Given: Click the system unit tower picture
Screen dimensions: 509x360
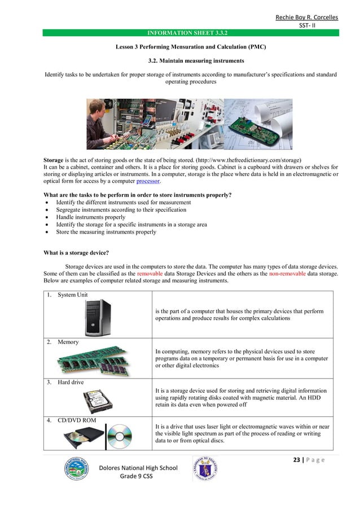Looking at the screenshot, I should point(97,317).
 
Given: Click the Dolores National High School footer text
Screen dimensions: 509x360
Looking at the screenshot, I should point(138,468).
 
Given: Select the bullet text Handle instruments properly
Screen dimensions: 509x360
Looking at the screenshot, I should point(90,217).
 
